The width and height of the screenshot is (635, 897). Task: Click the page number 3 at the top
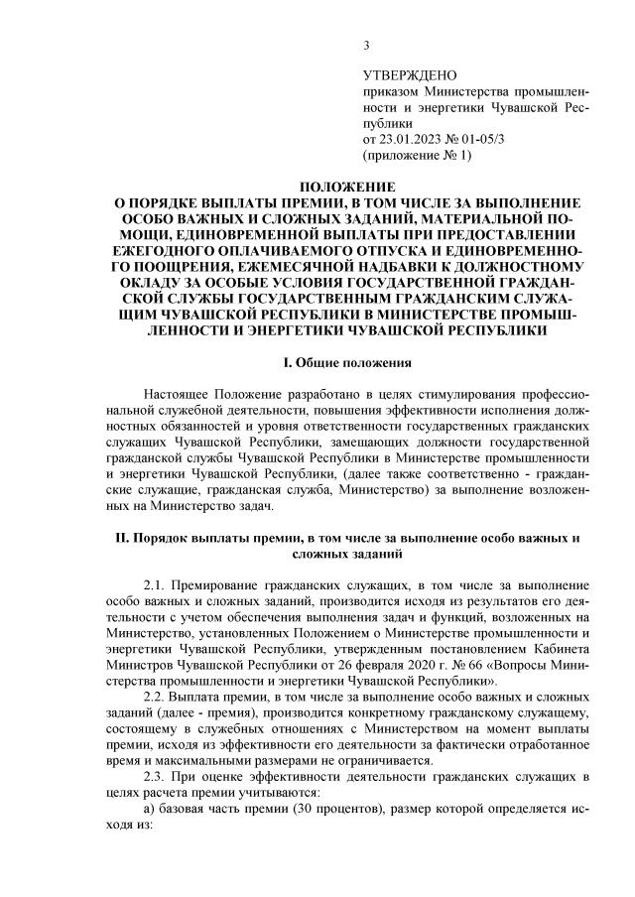tap(366, 44)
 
